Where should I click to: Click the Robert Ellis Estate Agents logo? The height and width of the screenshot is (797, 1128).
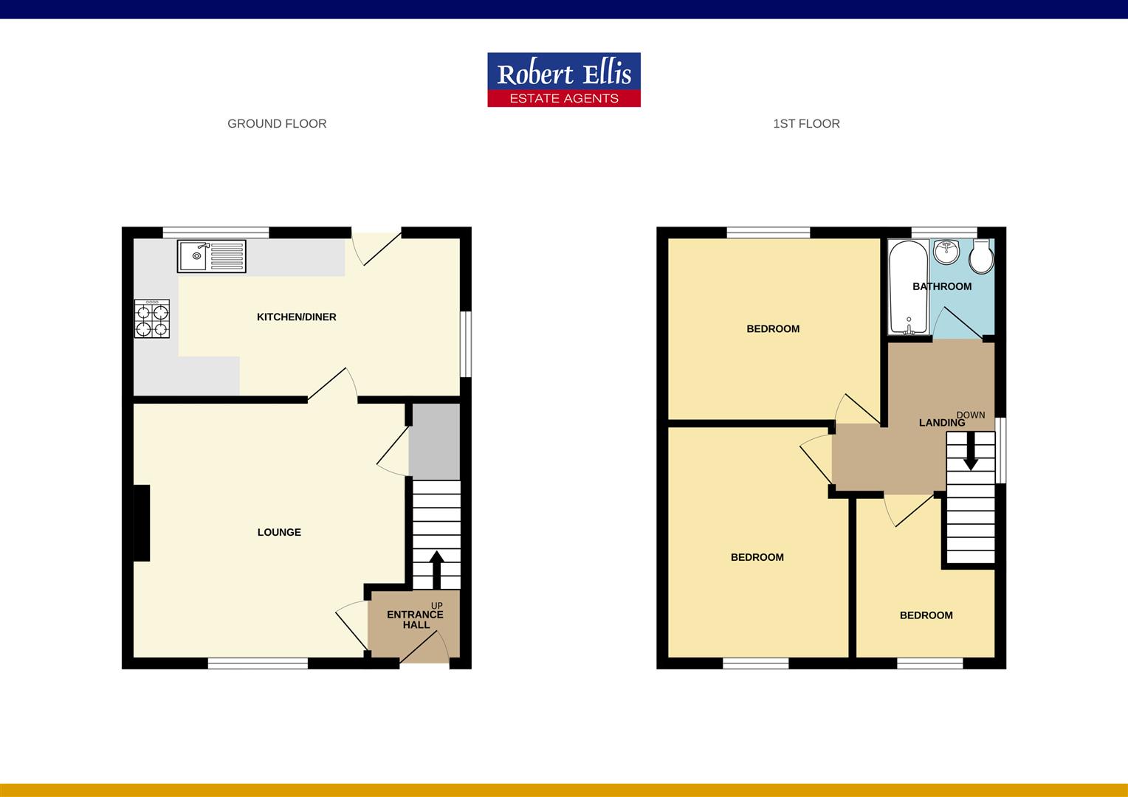[x=564, y=80]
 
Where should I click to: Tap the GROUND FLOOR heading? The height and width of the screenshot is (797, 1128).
[x=277, y=124]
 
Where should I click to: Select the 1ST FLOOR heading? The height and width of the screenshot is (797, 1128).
[x=806, y=124]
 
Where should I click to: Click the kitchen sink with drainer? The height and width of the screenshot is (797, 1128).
[x=211, y=256]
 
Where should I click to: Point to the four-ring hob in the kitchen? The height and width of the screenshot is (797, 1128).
[x=152, y=319]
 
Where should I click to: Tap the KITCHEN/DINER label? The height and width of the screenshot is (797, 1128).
[x=297, y=317]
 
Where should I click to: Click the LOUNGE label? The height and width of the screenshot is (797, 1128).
[x=279, y=532]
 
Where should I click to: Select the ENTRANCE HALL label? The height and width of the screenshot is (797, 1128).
[x=416, y=619]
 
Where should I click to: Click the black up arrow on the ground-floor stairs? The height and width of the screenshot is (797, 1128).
[x=436, y=570]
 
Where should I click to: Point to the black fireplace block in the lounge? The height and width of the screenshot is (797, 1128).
[x=142, y=522]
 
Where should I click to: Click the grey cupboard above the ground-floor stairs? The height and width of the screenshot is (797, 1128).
[x=435, y=441]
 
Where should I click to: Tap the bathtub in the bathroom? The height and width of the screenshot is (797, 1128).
[x=909, y=287]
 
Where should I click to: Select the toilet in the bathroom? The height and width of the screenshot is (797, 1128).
[x=981, y=256]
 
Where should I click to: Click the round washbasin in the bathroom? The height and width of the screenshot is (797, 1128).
[x=946, y=251]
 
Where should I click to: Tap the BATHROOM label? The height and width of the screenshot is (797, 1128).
[x=942, y=286]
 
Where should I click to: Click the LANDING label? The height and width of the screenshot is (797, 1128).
[x=942, y=423]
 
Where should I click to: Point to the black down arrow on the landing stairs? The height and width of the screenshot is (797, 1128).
[x=970, y=451]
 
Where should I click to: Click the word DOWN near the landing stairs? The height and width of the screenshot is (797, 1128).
[x=970, y=415]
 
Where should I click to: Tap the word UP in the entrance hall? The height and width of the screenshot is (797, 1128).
[x=436, y=606]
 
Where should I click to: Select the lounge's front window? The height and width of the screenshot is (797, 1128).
[x=258, y=663]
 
